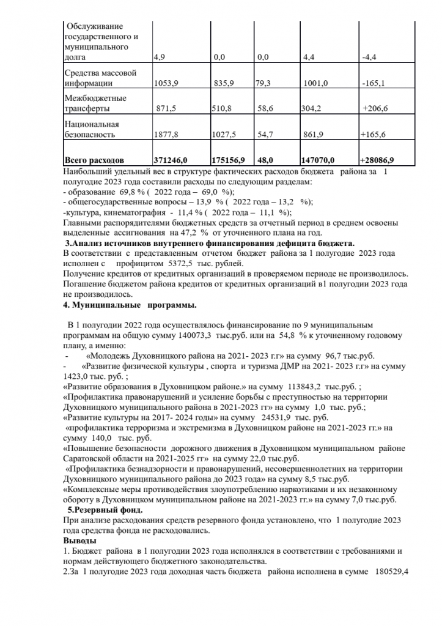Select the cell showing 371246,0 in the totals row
pos(172,160)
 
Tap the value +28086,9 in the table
pos(378,160)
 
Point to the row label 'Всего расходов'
pos(94,160)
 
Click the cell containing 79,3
pos(266,83)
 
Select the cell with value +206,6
pos(375,109)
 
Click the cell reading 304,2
pos(314,109)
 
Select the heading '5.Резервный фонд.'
pos(105,509)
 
